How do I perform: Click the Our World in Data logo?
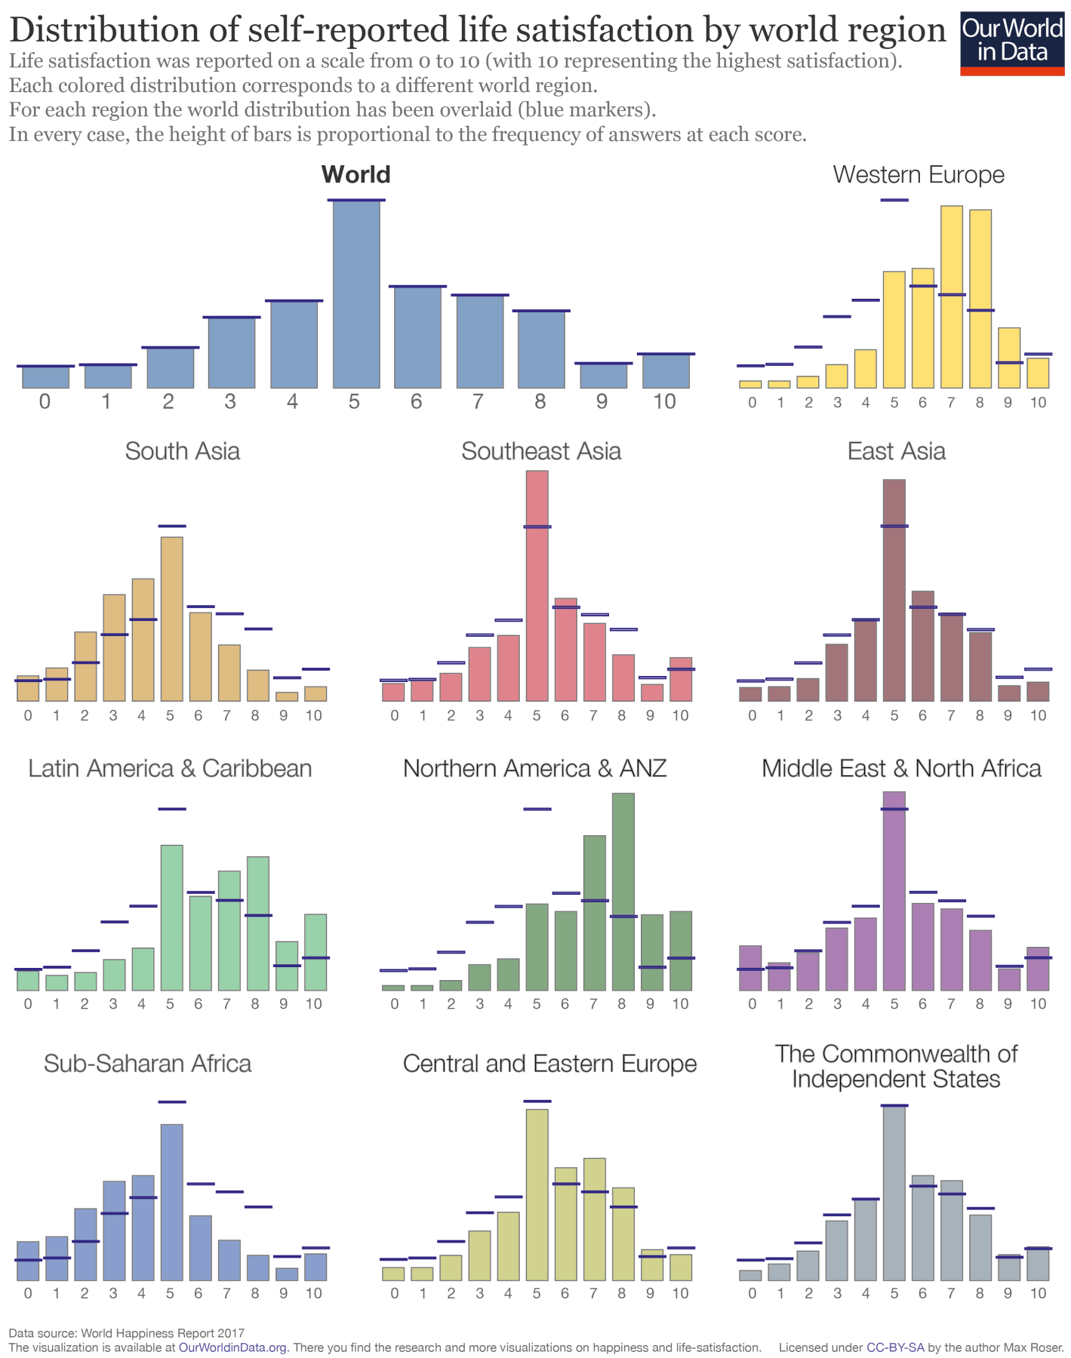tap(1012, 42)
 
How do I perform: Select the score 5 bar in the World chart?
tap(356, 294)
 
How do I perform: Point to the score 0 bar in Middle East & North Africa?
tap(750, 968)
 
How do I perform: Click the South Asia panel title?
tap(183, 451)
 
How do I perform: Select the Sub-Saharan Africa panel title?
tap(147, 1063)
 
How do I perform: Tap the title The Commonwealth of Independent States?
tap(896, 1066)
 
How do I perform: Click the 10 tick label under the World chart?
tap(664, 401)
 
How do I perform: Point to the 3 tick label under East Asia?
tap(837, 715)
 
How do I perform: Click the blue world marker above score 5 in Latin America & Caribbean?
tap(172, 809)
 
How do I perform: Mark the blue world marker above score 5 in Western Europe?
tap(894, 200)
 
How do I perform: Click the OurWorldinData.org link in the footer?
tap(233, 1347)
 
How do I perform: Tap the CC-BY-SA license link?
tap(895, 1347)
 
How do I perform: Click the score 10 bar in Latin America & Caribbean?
tap(315, 952)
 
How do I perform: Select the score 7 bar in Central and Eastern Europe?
tap(594, 1219)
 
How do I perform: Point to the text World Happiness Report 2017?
tap(162, 1333)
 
